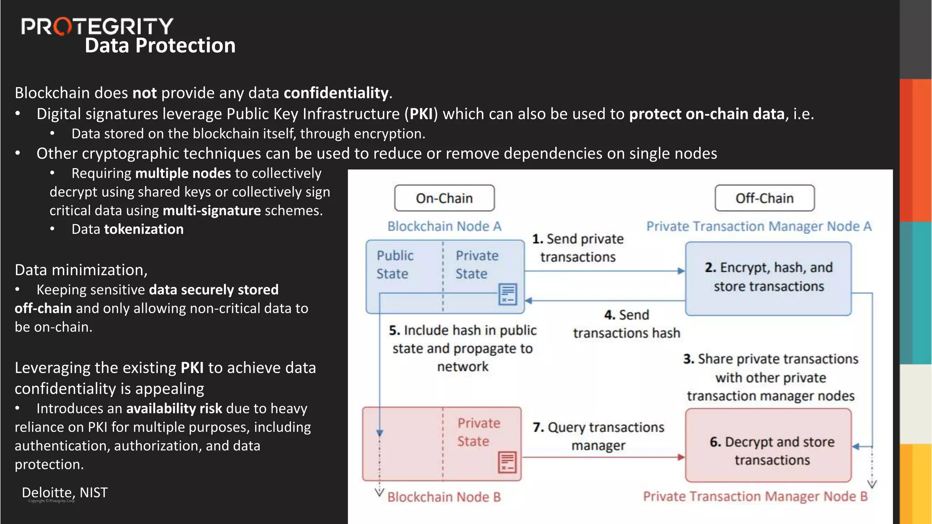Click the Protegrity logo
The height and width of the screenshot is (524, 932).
click(97, 26)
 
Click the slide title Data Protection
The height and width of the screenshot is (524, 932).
click(160, 46)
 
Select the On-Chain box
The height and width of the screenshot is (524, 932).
click(444, 198)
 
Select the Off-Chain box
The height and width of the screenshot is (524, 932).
click(765, 198)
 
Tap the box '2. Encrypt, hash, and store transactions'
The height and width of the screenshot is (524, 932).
click(768, 278)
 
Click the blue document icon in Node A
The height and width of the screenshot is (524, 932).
click(507, 294)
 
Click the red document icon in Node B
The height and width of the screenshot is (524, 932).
click(507, 462)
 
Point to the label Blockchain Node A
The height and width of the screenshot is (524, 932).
click(444, 227)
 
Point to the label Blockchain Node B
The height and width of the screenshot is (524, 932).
click(444, 497)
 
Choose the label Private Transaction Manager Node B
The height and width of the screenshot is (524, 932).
click(755, 496)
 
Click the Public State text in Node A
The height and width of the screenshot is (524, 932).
click(395, 265)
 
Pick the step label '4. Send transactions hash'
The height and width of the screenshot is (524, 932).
click(626, 324)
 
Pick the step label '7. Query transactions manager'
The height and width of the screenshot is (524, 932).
click(598, 436)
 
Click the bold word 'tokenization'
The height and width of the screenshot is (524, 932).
click(144, 229)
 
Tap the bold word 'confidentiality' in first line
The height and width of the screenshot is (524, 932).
click(336, 93)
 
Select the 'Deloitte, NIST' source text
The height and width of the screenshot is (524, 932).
click(65, 493)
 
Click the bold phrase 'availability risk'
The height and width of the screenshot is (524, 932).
click(174, 408)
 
